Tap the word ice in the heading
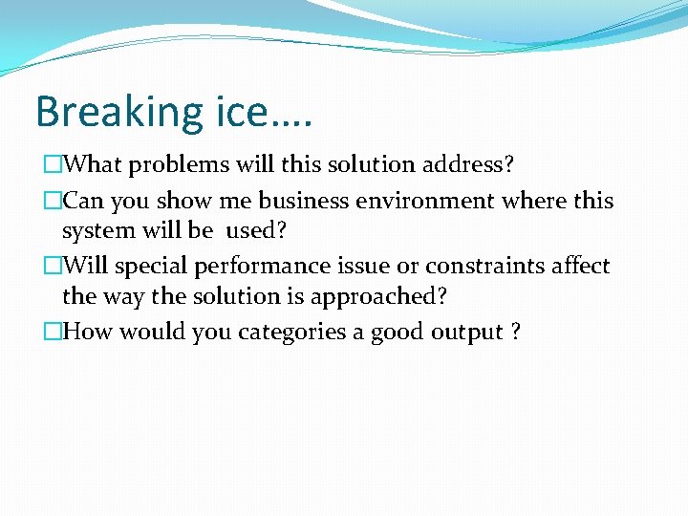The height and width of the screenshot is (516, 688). click(x=244, y=112)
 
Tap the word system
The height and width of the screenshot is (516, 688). click(x=93, y=230)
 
